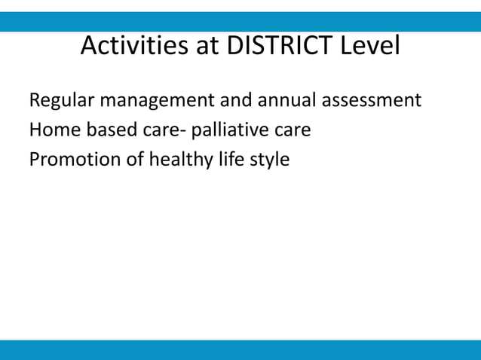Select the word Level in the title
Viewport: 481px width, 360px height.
coord(369,47)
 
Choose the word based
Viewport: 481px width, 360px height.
coord(105,130)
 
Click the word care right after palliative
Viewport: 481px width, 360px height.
coord(292,130)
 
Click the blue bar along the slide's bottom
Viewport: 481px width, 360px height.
coord(240,349)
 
